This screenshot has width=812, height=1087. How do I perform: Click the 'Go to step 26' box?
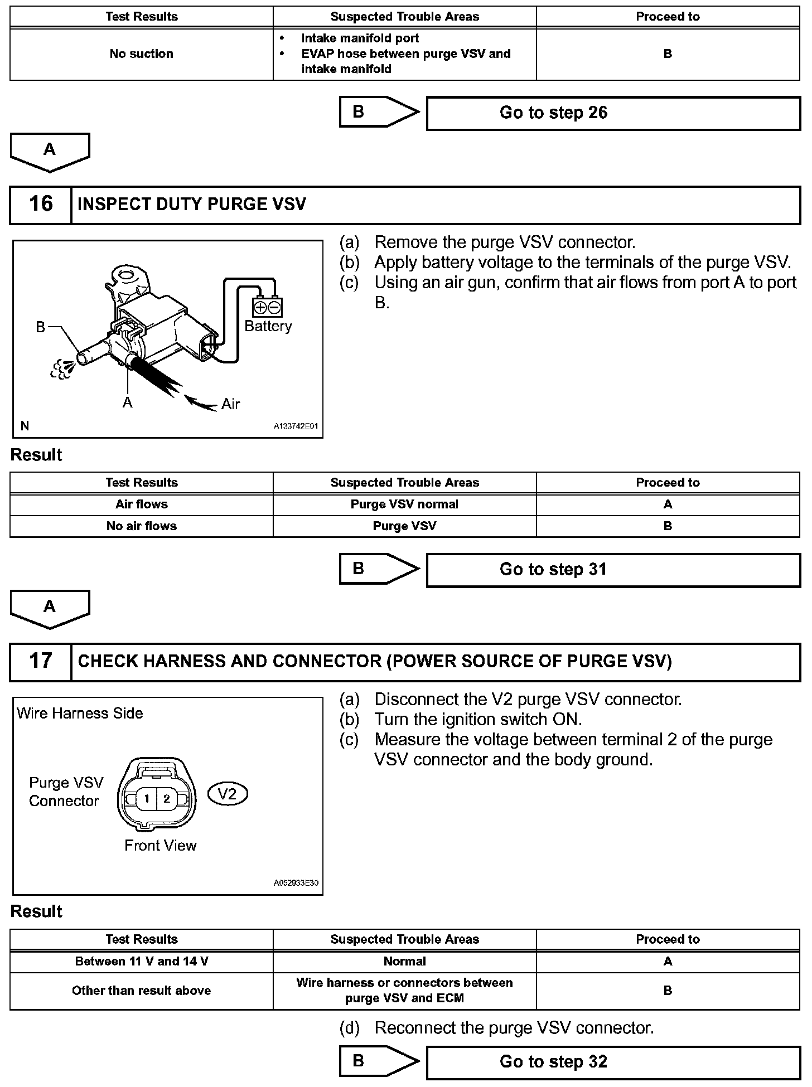613,113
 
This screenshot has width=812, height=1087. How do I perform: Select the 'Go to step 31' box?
613,570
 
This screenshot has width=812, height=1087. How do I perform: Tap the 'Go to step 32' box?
613,1062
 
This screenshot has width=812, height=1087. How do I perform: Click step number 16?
41,204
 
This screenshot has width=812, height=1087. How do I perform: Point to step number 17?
41,661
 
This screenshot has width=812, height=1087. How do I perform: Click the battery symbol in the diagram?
268,307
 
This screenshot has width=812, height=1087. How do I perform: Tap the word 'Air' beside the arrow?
230,404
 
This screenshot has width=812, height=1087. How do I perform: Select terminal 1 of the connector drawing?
147,799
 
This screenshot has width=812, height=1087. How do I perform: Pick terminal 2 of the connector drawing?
166,799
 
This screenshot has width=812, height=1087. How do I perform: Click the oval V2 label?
228,794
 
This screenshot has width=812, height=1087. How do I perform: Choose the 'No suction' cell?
141,54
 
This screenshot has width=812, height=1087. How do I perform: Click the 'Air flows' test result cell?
141,504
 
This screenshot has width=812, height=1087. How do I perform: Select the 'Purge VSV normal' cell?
404,504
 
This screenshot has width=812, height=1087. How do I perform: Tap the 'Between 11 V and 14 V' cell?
141,962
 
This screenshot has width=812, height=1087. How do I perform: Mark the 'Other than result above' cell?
141,991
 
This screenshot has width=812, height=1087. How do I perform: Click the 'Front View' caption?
160,846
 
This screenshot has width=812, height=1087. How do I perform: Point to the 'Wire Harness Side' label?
80,714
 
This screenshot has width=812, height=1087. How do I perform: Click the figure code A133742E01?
296,426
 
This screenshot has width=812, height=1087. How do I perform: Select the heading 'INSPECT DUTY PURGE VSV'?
192,205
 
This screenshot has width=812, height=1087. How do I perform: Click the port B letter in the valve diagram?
40,327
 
